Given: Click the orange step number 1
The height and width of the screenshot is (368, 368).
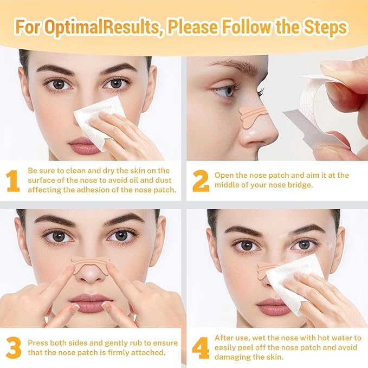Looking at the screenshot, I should point(13,182).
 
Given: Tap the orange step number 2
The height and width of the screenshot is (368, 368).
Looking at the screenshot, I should point(200,182).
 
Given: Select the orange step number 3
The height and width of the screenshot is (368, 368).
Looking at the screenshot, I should point(14,347).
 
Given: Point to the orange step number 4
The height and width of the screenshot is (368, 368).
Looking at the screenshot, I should point(200,347).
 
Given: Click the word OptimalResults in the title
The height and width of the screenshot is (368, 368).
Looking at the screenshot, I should point(106,27).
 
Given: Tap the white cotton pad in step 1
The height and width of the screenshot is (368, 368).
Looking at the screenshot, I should point(98,122).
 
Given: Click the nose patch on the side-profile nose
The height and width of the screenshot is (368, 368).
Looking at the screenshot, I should point(252,114).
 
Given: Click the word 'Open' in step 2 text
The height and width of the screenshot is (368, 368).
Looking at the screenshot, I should point(225,175).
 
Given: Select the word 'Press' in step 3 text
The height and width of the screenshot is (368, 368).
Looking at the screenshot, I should point(40,341).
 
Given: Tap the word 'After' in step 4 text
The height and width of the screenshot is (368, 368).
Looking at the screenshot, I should point(226,337).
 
